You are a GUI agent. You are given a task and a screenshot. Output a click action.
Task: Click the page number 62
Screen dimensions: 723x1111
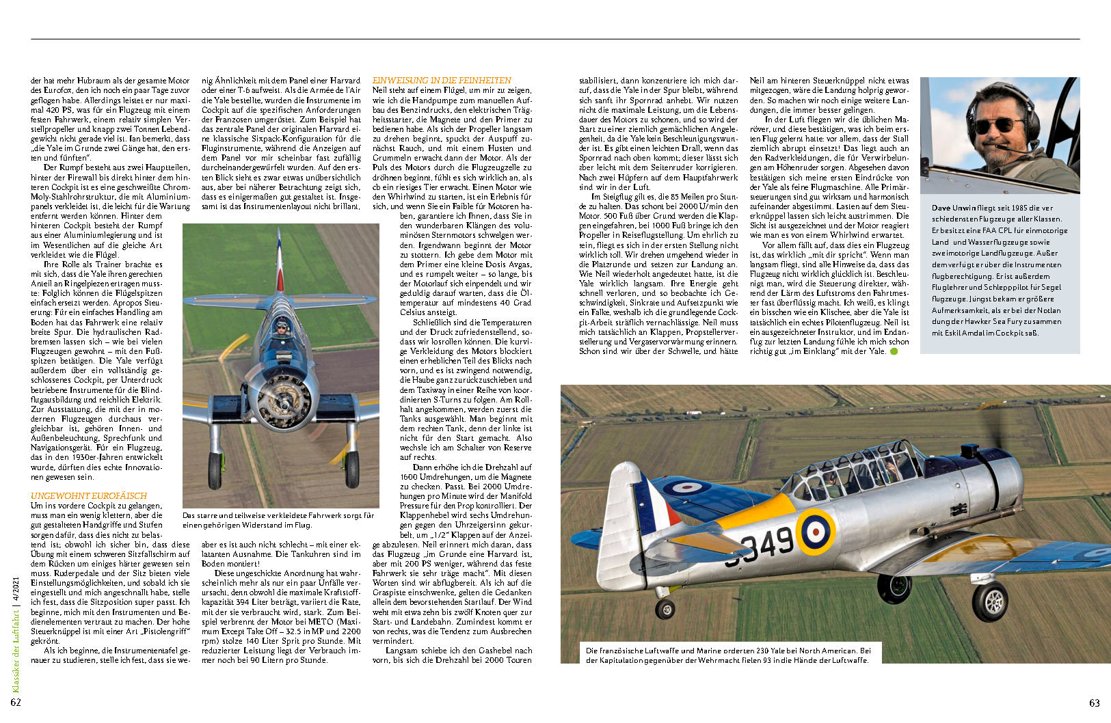point(16,702)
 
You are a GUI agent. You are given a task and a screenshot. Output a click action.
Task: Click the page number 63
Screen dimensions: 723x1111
point(1094,702)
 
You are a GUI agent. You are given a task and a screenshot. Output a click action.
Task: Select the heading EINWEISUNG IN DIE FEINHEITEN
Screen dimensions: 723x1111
point(441,80)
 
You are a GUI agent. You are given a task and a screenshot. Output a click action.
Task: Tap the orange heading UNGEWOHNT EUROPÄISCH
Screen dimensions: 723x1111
point(89,495)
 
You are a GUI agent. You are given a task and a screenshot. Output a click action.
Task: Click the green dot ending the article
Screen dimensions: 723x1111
point(894,351)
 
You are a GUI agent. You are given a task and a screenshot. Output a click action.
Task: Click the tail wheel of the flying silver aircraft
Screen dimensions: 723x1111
point(665,609)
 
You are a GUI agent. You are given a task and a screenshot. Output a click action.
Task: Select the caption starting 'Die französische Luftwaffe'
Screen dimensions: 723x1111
point(728,655)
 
